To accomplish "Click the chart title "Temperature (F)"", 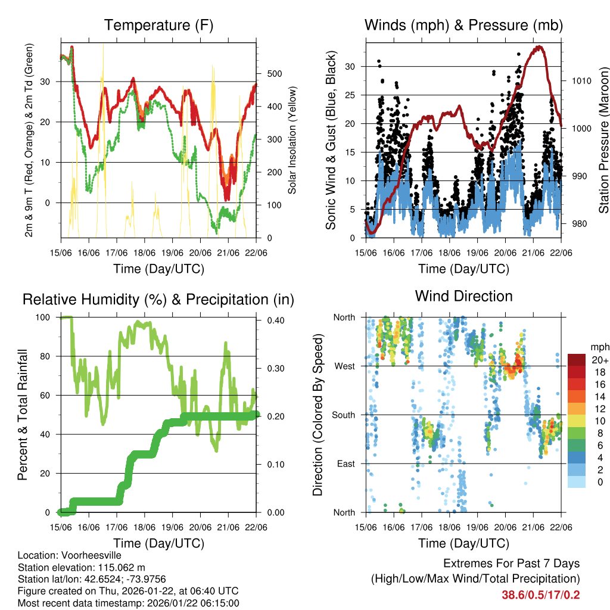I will click(x=158, y=26).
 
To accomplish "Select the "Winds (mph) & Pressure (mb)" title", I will click(x=463, y=26).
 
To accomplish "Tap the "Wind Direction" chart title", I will click(x=463, y=296).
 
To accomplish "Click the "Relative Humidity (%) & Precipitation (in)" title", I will click(x=158, y=300).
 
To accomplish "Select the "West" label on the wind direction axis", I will click(x=344, y=366).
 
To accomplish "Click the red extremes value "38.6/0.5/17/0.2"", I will click(x=540, y=595).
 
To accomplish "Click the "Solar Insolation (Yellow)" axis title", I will click(x=292, y=140).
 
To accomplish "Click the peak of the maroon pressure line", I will click(x=539, y=46).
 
